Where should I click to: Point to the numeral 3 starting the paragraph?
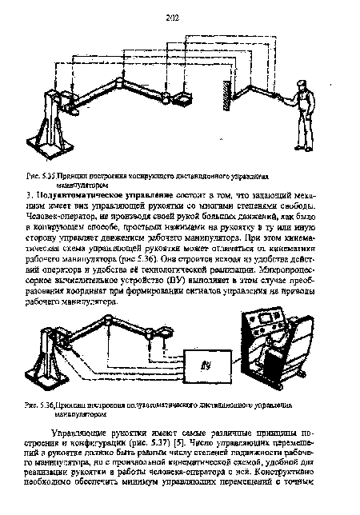(29, 194)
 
